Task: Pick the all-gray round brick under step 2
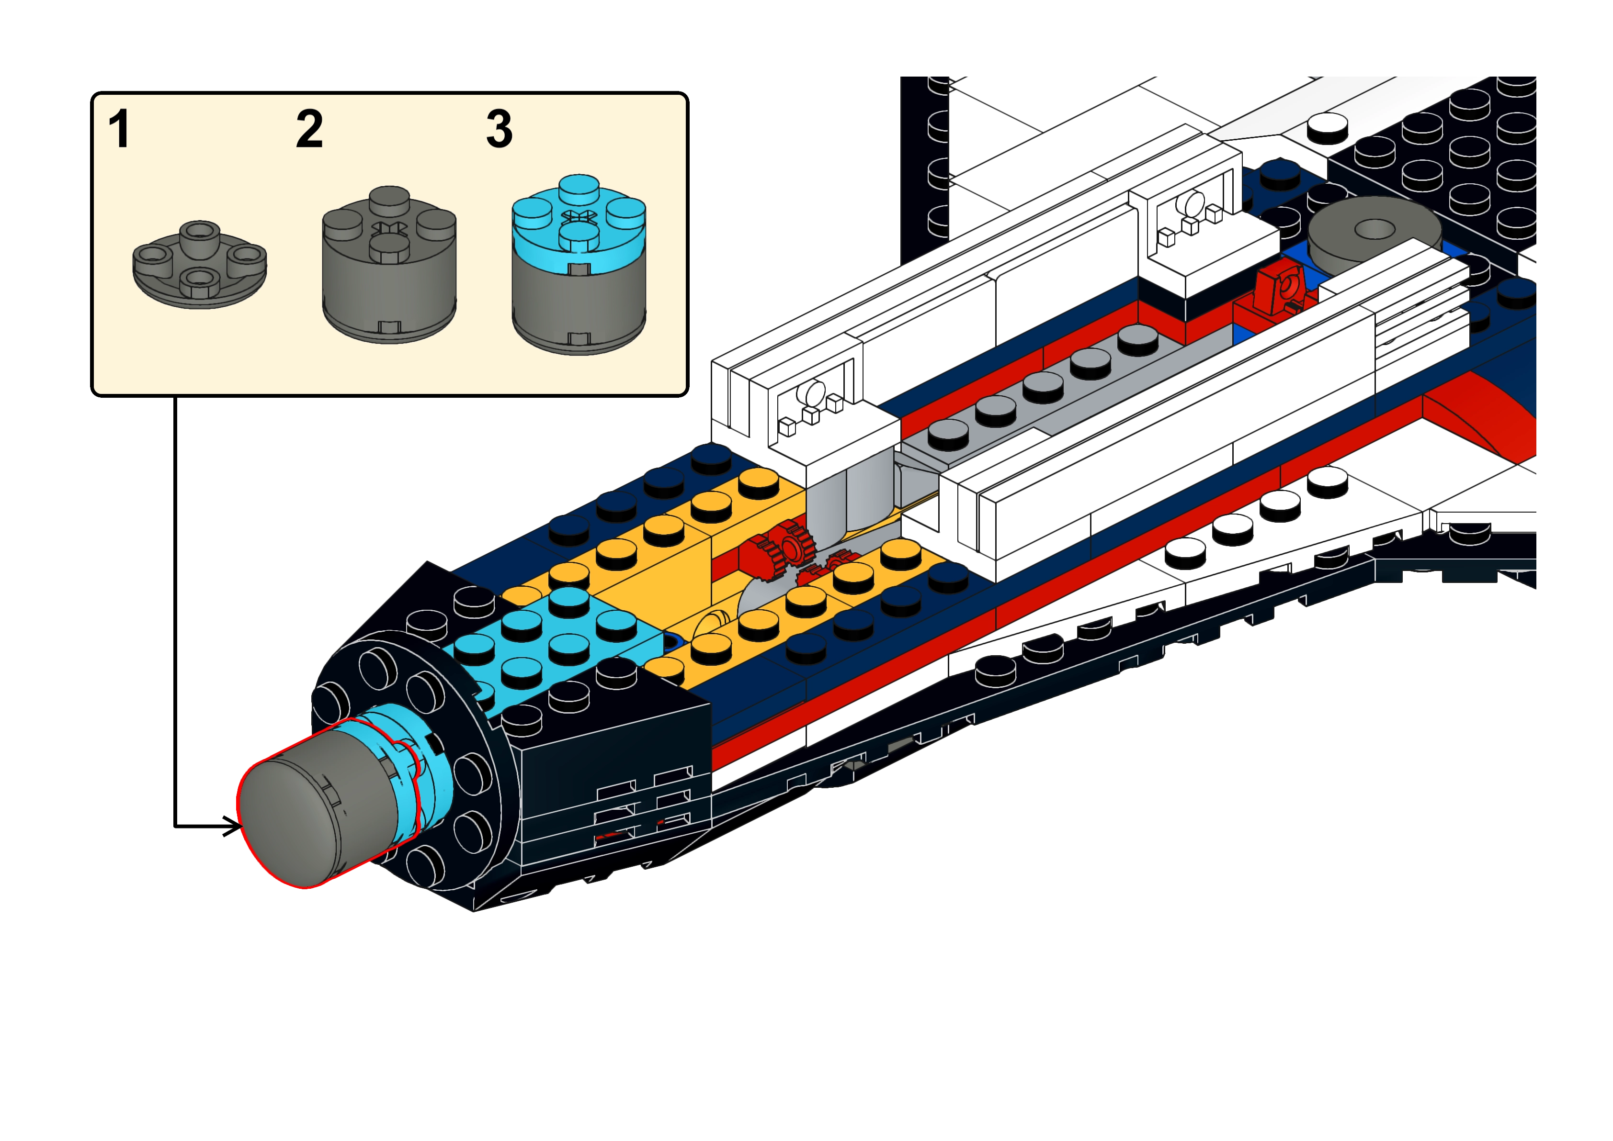click(389, 295)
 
